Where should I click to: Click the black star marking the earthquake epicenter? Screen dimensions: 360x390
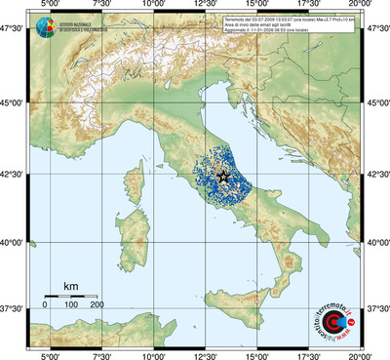pos(223,176)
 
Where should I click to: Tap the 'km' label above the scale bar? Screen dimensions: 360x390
pos(70,285)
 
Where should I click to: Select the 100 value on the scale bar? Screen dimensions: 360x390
pos(70,304)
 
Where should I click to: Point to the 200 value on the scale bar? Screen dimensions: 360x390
pos(97,304)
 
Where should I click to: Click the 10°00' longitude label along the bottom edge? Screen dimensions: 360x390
pos(153,354)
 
